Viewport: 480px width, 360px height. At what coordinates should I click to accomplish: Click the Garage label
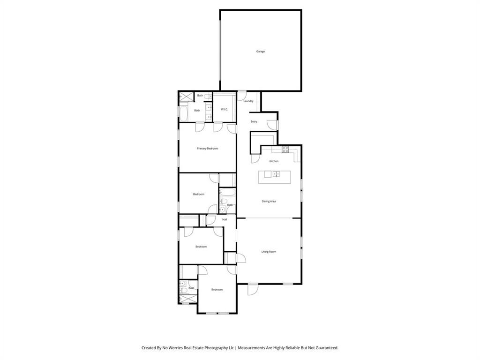[x=260, y=51]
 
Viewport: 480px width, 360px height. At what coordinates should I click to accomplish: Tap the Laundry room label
[x=248, y=101]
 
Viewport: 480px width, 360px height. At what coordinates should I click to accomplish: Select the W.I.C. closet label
[x=225, y=109]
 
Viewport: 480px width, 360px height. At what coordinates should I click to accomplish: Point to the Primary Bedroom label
[x=207, y=149]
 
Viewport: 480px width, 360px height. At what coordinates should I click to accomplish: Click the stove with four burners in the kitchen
[x=285, y=149]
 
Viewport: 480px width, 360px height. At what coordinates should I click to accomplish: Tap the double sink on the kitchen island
[x=277, y=174]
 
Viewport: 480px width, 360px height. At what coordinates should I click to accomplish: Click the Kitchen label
[x=274, y=161]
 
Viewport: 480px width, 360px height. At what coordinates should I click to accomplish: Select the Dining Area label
[x=269, y=202]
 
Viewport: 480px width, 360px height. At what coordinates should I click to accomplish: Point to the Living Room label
[x=269, y=252]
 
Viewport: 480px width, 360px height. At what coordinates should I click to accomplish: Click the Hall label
[x=225, y=219]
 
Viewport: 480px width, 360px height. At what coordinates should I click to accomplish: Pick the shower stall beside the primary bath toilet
[x=186, y=97]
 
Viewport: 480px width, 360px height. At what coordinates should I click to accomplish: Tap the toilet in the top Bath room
[x=209, y=96]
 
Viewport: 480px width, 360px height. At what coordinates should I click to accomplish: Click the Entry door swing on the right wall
[x=271, y=124]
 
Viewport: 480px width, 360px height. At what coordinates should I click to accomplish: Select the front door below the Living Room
[x=253, y=289]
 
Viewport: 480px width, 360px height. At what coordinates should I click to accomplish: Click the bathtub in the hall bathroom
[x=228, y=192]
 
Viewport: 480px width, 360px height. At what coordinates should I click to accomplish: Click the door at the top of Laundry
[x=242, y=96]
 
